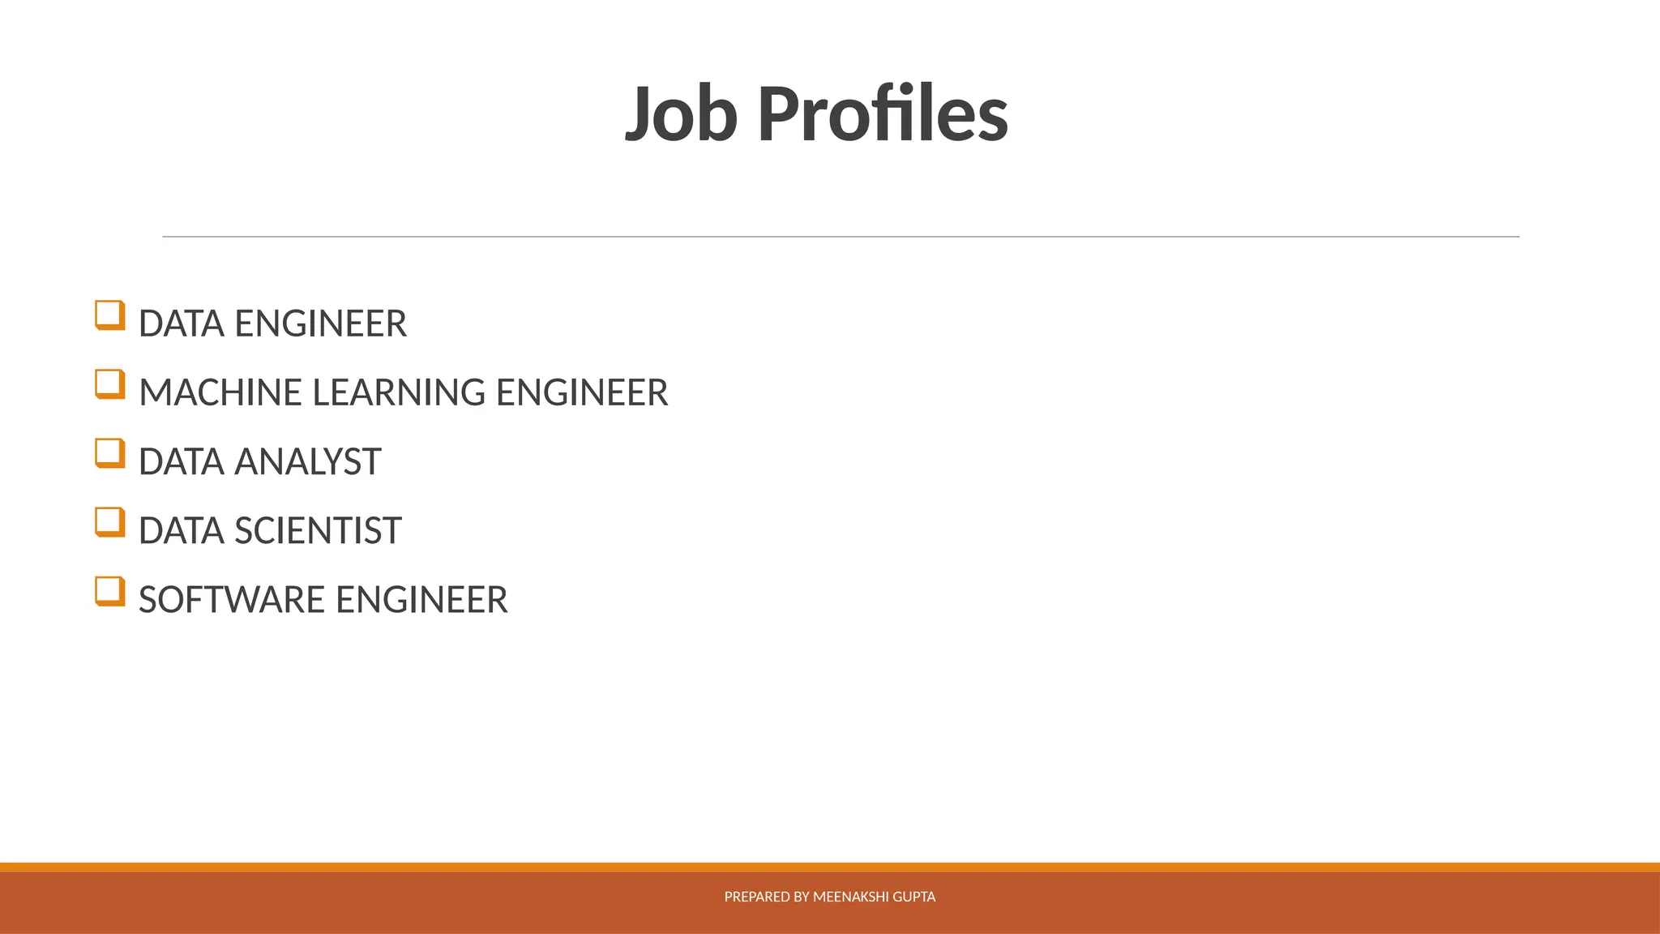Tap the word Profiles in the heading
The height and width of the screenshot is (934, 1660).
pyautogui.click(x=883, y=114)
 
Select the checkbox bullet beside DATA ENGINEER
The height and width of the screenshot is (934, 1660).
pyautogui.click(x=110, y=315)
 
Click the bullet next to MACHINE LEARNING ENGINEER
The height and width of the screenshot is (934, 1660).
pyautogui.click(x=110, y=384)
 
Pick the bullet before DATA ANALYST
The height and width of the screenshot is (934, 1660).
pyautogui.click(x=110, y=453)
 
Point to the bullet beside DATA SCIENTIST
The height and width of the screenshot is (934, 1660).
pyautogui.click(x=110, y=522)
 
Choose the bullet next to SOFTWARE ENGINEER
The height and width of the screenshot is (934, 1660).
pyautogui.click(x=110, y=591)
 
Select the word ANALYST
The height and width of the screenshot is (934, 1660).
pyautogui.click(x=307, y=462)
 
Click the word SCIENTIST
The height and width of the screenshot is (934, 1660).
pyautogui.click(x=318, y=531)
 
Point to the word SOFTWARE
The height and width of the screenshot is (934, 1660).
pyautogui.click(x=232, y=600)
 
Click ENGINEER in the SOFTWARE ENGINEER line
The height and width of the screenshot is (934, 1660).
pyautogui.click(x=421, y=600)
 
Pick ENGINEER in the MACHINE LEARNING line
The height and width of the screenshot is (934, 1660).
pyautogui.click(x=582, y=393)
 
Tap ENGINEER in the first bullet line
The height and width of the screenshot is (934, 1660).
pyautogui.click(x=320, y=324)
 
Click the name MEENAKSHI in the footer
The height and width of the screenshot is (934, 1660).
pyautogui.click(x=850, y=897)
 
